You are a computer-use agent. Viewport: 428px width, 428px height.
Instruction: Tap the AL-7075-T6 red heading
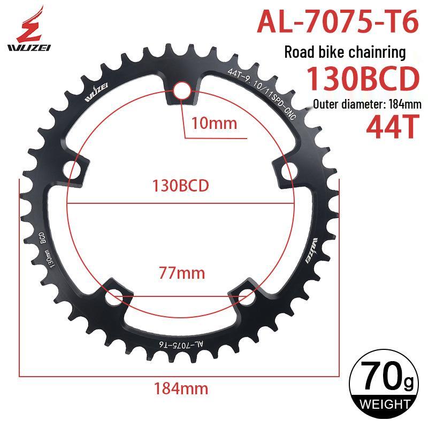coord(338,21)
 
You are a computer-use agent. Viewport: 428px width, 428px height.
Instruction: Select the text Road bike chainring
coord(345,52)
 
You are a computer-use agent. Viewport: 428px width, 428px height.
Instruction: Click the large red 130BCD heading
coord(363,79)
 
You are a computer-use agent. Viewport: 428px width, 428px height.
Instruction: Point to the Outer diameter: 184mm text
coord(367,104)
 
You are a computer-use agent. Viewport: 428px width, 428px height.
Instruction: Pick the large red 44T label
coord(393,126)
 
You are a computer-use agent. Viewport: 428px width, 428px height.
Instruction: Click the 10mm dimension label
coord(214,123)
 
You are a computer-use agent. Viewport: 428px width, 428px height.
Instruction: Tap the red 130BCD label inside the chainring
coord(180,186)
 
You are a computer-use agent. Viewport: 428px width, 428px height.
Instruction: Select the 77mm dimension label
coord(182,273)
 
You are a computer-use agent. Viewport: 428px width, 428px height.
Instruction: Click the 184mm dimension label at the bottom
coord(181,388)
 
